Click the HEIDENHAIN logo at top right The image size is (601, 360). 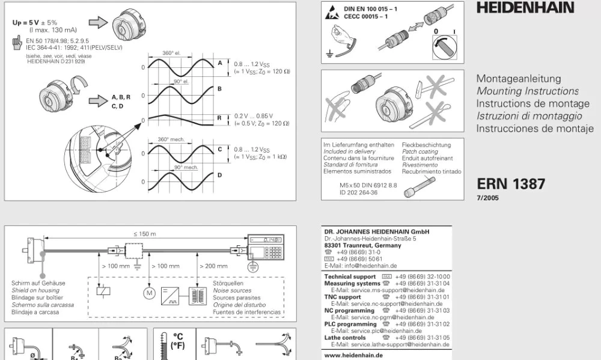click(525, 8)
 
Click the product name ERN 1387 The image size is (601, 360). click(511, 184)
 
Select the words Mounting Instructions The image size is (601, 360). click(527, 91)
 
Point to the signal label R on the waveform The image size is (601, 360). click(220, 118)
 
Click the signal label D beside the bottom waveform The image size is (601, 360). click(220, 175)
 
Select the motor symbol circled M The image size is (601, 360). click(148, 293)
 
